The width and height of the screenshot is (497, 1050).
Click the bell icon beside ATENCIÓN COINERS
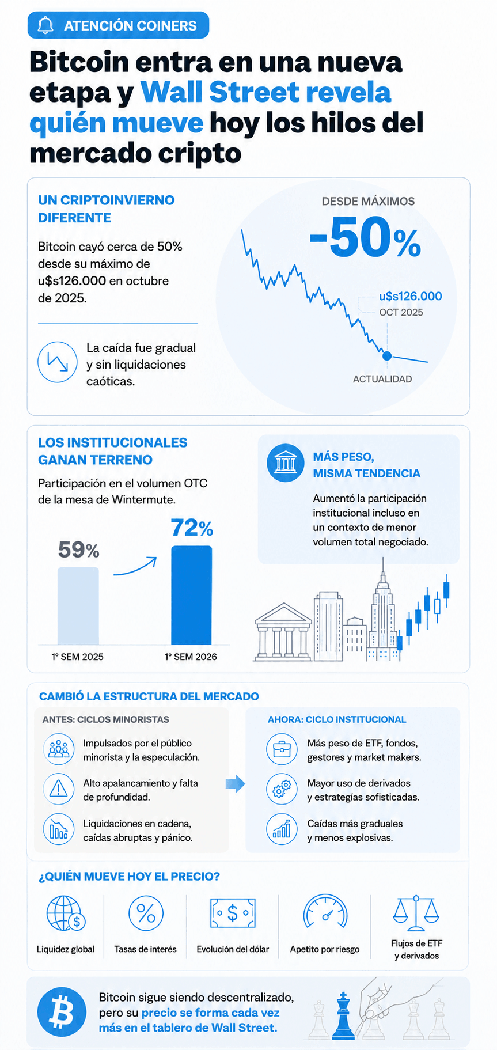pos(45,25)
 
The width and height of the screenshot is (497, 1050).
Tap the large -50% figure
pos(365,237)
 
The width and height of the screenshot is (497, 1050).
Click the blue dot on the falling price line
pos(387,356)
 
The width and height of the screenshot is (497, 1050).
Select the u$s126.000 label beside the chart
pos(411,296)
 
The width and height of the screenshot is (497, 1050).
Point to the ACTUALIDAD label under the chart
pos(382,379)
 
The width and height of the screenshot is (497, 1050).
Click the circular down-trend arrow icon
pos(58,362)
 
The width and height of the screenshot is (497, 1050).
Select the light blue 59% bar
pos(78,606)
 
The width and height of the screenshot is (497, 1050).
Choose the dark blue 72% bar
pos(192,595)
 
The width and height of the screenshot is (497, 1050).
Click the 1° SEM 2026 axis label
pos(191,657)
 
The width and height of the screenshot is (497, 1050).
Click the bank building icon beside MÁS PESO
pos(286,463)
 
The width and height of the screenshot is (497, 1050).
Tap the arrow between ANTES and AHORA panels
pos(235,783)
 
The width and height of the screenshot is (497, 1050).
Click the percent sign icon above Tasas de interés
pos(146,913)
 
